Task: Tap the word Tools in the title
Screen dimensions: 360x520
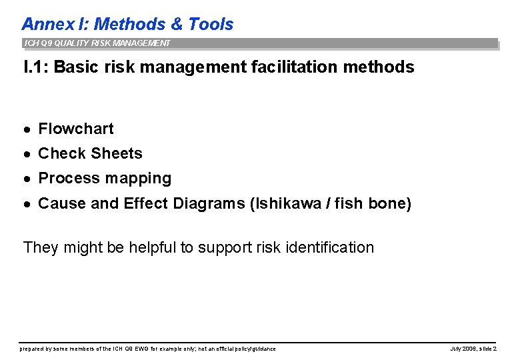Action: point(211,25)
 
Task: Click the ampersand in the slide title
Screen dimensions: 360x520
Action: point(177,25)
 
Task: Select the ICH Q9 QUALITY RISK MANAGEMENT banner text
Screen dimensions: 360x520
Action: point(97,43)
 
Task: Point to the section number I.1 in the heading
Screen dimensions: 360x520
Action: point(34,67)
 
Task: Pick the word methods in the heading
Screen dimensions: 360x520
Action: point(382,67)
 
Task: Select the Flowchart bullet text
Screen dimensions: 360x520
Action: point(76,129)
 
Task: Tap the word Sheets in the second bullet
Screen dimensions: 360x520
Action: point(117,153)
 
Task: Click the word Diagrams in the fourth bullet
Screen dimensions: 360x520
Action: point(208,203)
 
